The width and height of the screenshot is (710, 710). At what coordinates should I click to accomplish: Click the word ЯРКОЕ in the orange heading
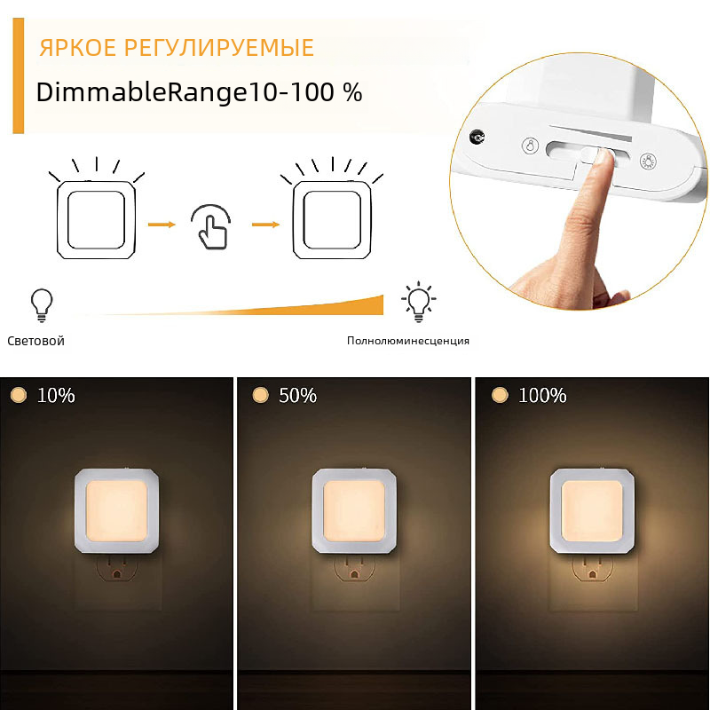click(78, 48)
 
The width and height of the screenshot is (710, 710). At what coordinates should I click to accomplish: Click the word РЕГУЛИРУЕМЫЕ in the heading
click(219, 48)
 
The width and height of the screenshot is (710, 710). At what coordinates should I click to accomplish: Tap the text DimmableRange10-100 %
click(199, 92)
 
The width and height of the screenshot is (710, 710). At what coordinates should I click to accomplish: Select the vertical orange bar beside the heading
click(18, 75)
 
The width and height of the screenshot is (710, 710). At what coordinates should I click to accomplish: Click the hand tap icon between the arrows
click(211, 227)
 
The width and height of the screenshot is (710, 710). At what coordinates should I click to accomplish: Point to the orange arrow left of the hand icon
click(162, 225)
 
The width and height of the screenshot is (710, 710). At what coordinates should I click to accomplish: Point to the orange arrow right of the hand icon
click(265, 225)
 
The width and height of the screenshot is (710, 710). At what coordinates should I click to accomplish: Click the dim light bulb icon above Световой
click(42, 305)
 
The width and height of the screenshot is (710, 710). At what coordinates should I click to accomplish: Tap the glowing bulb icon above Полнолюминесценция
click(418, 302)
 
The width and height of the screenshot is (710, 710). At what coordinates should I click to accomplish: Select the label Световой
click(35, 341)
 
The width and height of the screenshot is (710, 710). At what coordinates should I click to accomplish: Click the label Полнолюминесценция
click(408, 341)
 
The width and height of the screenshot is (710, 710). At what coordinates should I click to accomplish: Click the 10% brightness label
click(56, 395)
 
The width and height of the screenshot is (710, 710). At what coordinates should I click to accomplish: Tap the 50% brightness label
click(297, 395)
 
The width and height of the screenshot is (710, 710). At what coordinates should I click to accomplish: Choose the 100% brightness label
click(542, 395)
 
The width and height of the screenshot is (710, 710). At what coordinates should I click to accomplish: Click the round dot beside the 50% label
click(260, 395)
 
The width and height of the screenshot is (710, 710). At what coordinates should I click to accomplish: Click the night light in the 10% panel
click(116, 510)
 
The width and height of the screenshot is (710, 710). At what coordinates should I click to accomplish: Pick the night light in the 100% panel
click(592, 510)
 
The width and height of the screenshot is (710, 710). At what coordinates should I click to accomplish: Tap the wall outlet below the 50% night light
click(354, 569)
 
